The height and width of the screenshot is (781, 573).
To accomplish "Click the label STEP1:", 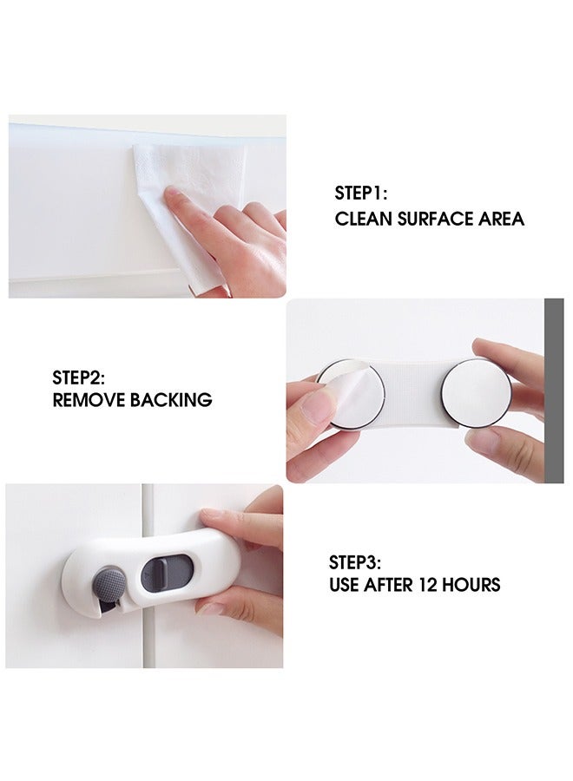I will tap(361, 194).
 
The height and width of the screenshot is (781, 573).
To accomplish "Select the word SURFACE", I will tap(436, 219).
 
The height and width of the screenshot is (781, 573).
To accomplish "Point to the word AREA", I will tap(502, 219).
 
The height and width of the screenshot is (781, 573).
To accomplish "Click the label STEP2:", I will tap(78, 377).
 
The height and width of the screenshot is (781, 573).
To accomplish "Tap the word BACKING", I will tap(171, 401).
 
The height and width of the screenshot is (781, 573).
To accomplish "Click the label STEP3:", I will tap(356, 561).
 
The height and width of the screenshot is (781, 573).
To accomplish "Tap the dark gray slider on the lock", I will tap(156, 573).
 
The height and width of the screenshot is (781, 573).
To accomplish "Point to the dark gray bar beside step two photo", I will tap(554, 390).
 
